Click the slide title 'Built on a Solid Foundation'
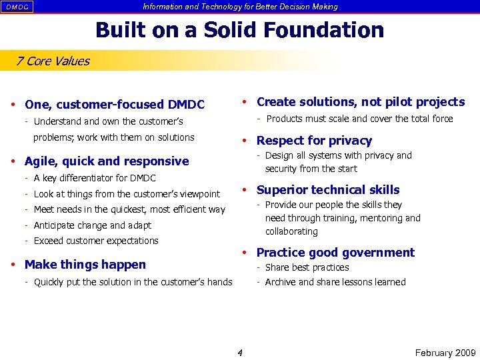pyautogui.click(x=239, y=30)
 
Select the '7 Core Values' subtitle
pyautogui.click(x=53, y=61)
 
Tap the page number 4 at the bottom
pyautogui.click(x=240, y=353)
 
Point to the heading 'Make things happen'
pyautogui.click(x=85, y=265)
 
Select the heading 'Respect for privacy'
pyautogui.click(x=314, y=141)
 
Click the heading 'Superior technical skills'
pyautogui.click(x=328, y=190)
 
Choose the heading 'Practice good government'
pyautogui.click(x=335, y=253)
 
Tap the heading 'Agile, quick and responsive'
pyautogui.click(x=107, y=161)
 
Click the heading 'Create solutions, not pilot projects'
pyautogui.click(x=361, y=102)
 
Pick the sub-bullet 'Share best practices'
pyautogui.click(x=307, y=267)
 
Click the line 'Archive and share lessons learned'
pyautogui.click(x=335, y=282)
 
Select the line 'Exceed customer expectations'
pyautogui.click(x=96, y=241)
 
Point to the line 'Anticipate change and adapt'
pyautogui.click(x=93, y=225)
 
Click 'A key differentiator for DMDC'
pyautogui.click(x=95, y=178)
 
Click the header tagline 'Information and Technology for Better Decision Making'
pyautogui.click(x=240, y=7)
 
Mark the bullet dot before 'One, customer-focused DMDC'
pyautogui.click(x=14, y=105)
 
